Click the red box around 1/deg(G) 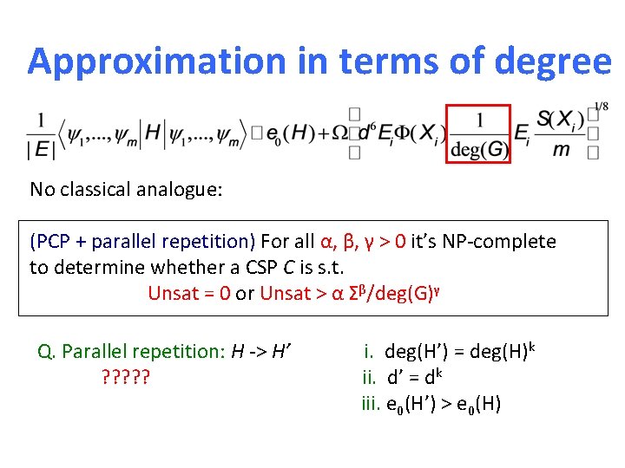tap(480, 133)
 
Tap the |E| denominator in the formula tap(41, 150)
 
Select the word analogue tap(181, 189)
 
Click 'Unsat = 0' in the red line tap(189, 293)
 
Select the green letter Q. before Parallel tap(47, 352)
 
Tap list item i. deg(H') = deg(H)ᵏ tap(448, 352)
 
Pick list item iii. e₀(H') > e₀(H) tap(431, 404)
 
